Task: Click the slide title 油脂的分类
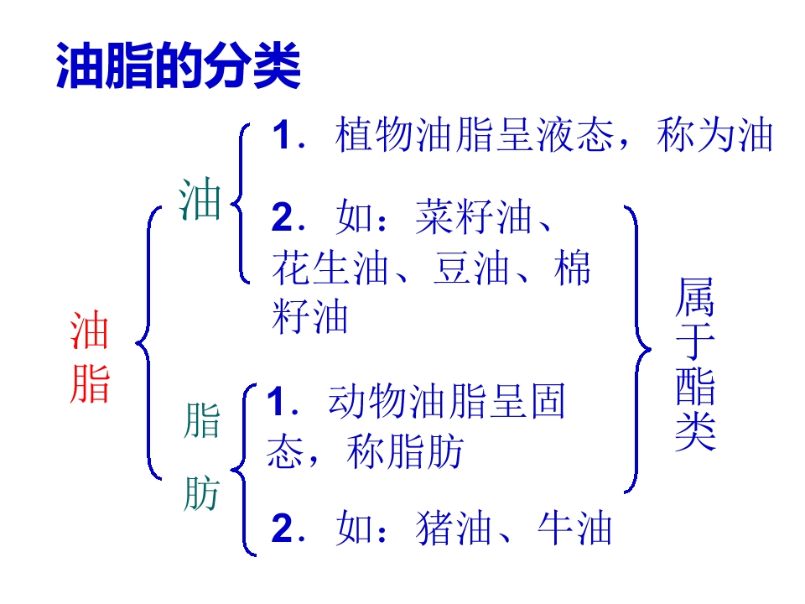click(x=178, y=65)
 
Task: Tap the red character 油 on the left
click(x=90, y=331)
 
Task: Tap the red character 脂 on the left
click(x=90, y=383)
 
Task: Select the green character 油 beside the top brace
click(x=200, y=199)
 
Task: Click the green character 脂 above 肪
click(x=202, y=420)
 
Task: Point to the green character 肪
click(x=202, y=493)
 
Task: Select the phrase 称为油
click(x=714, y=134)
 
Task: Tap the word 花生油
click(x=330, y=268)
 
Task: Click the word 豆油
click(x=470, y=268)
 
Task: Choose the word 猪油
click(x=454, y=528)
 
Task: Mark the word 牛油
click(x=574, y=528)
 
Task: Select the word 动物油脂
click(x=408, y=401)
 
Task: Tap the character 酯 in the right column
click(x=695, y=387)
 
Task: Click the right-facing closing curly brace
click(x=637, y=349)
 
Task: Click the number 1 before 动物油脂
click(x=278, y=401)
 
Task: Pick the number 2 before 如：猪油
click(x=282, y=528)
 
